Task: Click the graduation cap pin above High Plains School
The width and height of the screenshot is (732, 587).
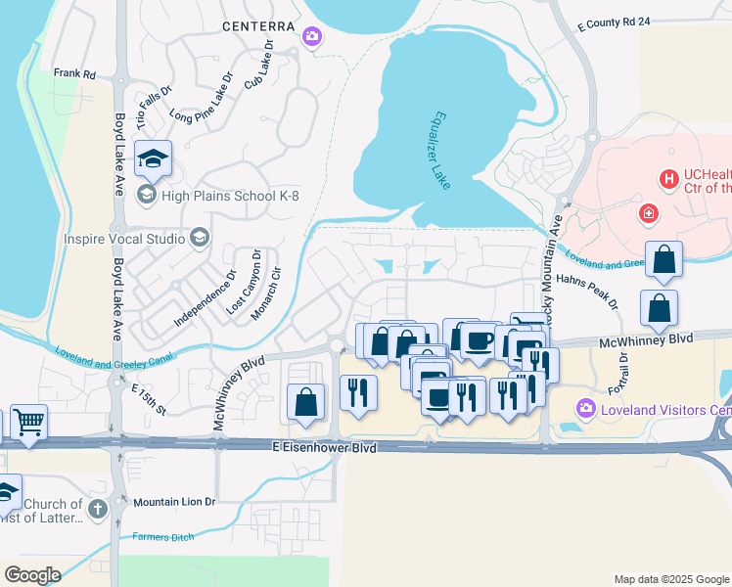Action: (x=153, y=158)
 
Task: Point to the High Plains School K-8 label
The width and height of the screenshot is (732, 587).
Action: (x=231, y=196)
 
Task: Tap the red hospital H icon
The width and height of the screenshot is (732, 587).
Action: (x=669, y=178)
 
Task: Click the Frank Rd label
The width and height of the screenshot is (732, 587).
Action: (x=74, y=73)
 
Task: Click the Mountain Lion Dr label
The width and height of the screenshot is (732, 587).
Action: (x=173, y=502)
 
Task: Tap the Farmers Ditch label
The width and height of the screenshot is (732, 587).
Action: (x=163, y=536)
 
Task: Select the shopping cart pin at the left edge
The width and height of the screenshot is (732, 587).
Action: (x=28, y=423)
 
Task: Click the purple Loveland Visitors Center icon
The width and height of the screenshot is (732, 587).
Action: (x=586, y=407)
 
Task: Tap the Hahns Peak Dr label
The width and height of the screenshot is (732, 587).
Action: (x=588, y=291)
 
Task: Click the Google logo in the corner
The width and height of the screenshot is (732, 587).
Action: (x=32, y=575)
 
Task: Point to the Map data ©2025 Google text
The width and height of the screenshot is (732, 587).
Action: (x=670, y=579)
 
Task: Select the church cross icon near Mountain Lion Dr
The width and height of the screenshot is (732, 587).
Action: (x=96, y=509)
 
